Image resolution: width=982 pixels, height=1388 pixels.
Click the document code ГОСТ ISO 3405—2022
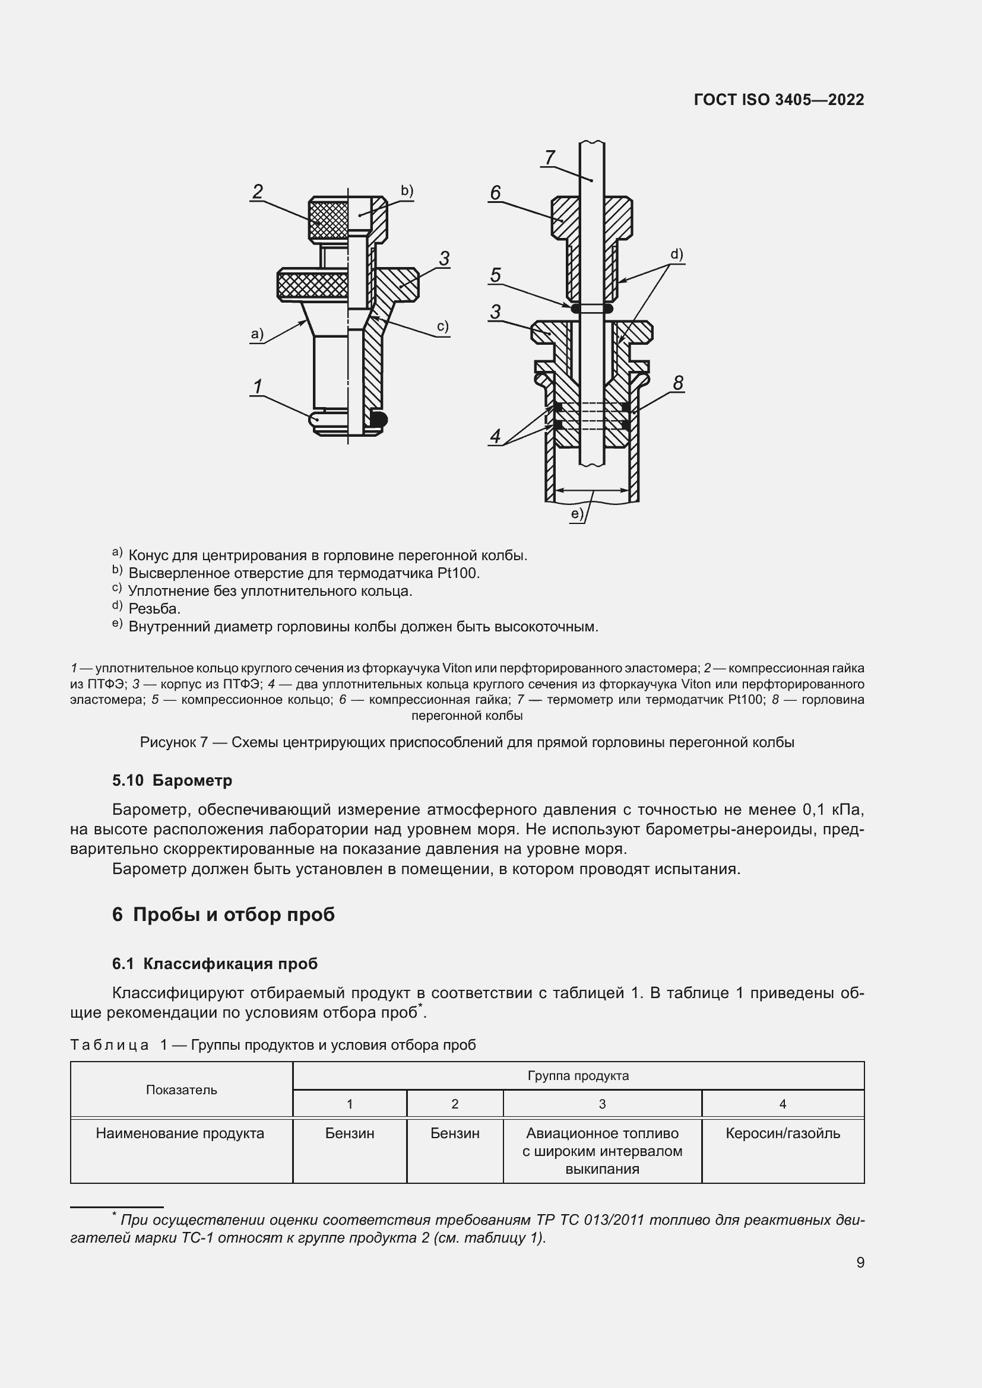coord(779,100)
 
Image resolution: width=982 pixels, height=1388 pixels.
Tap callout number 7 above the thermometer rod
coord(549,157)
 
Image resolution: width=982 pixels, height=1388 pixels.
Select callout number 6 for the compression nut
coord(495,193)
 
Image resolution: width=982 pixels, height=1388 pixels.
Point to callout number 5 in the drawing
coord(495,275)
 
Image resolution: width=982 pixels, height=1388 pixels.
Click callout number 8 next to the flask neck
coord(678,383)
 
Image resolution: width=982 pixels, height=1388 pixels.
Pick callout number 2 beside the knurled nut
coord(258,192)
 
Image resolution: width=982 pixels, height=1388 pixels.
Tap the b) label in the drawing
coord(407,191)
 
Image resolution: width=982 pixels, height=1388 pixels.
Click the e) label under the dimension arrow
coord(578,514)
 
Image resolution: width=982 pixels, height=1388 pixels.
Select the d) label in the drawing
coord(676,255)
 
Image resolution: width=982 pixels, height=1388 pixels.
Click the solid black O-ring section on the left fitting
coord(379,418)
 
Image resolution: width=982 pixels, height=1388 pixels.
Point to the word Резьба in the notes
coord(154,609)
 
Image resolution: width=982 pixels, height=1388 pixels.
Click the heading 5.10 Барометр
coord(172,780)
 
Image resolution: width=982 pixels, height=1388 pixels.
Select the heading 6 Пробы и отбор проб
coord(223,914)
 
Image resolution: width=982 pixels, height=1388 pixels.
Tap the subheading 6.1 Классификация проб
coord(215,964)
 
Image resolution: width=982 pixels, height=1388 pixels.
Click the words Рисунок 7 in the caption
coord(173,742)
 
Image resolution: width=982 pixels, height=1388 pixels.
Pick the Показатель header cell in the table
coord(182,1090)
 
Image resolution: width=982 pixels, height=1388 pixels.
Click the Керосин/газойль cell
coord(783,1133)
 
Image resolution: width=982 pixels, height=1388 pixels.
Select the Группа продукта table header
coord(578,1076)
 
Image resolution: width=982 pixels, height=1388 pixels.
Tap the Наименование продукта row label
coord(180,1133)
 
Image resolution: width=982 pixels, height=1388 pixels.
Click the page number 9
coord(860,1262)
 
